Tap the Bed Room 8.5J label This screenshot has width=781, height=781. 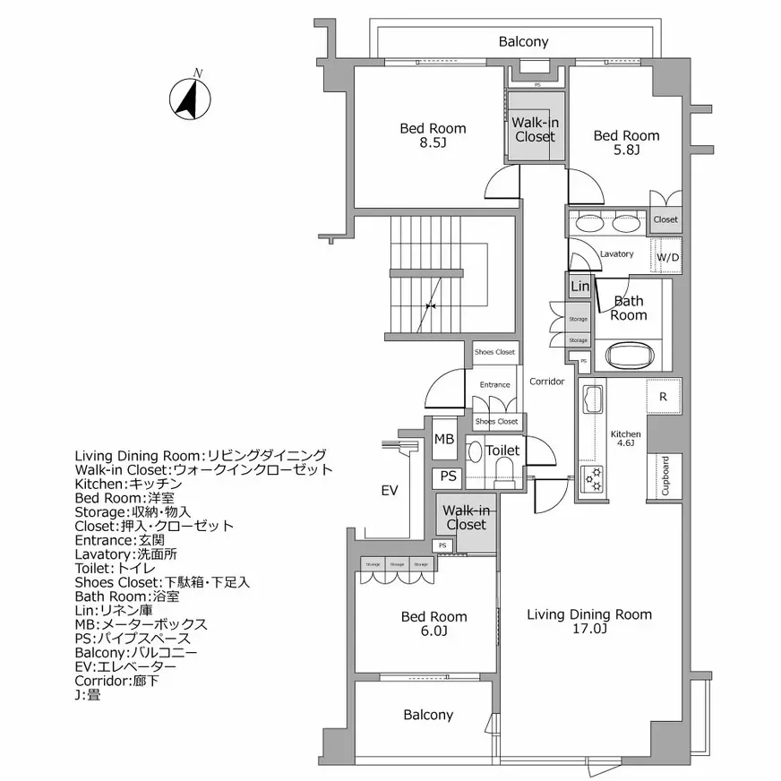coord(433,135)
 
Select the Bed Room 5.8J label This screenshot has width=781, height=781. coord(626,142)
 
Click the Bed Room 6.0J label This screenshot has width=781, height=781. coord(433,623)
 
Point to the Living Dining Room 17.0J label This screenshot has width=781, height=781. coord(588,621)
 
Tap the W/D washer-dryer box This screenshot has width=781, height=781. coord(667,257)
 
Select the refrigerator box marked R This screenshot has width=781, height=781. coord(663,396)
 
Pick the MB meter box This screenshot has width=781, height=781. coord(443,440)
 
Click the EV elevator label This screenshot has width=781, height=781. coord(389,491)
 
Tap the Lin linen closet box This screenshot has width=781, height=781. coord(580,287)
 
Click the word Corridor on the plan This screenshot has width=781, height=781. coord(546,382)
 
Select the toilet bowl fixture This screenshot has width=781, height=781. coord(503,472)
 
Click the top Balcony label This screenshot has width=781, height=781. coord(523,42)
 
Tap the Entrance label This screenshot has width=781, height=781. coord(494,385)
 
